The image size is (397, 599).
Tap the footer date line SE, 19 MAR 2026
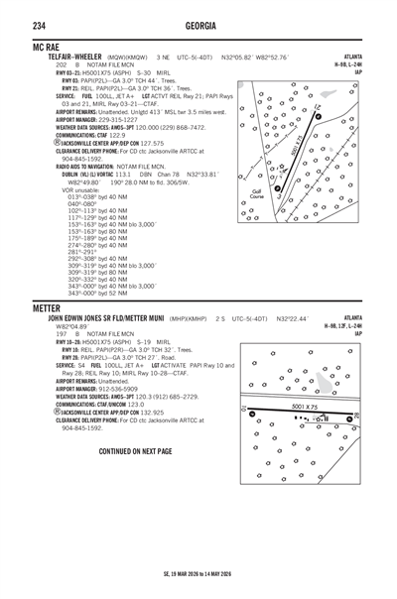[198, 574]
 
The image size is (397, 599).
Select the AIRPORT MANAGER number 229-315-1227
[116, 120]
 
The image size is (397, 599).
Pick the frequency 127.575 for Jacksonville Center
[152, 143]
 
